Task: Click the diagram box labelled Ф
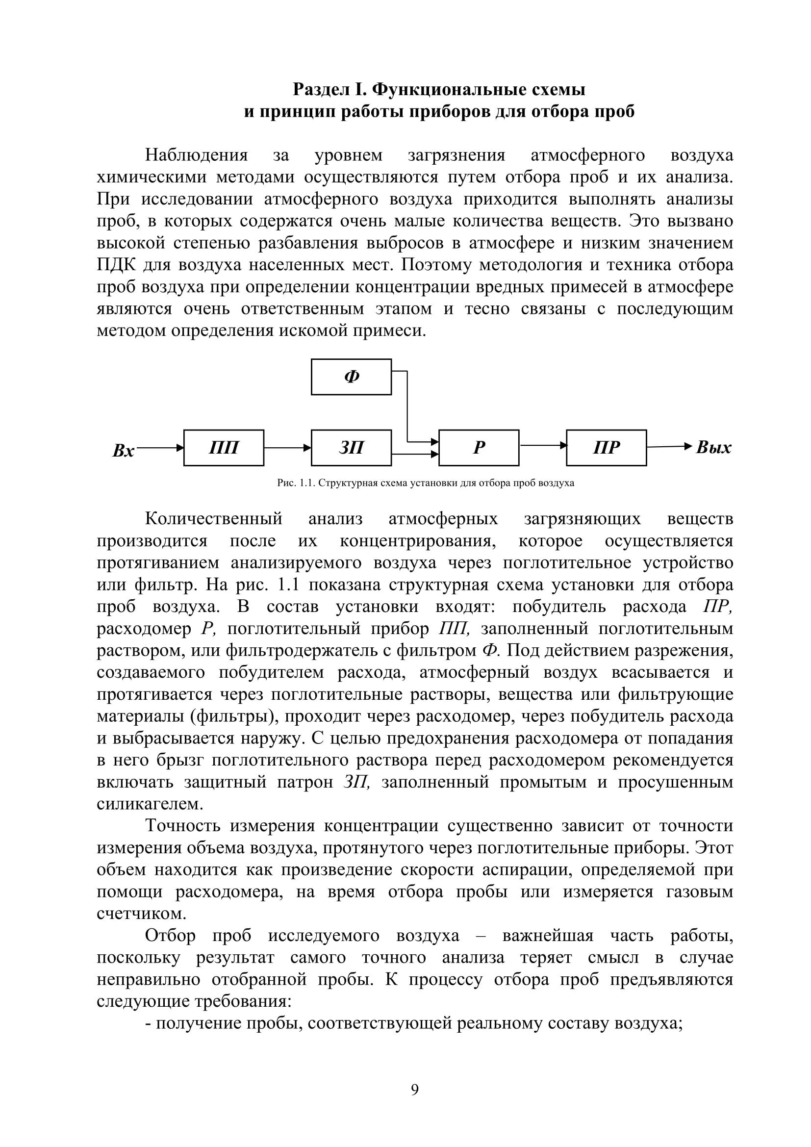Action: click(351, 377)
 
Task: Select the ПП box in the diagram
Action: click(224, 448)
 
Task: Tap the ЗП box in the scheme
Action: click(351, 448)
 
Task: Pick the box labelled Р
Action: click(479, 448)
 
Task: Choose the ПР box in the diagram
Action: click(606, 448)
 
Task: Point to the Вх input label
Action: click(124, 451)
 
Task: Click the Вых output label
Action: click(713, 447)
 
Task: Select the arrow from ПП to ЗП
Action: click(287, 448)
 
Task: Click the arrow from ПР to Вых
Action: click(669, 446)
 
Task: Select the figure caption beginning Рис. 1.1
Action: click(426, 483)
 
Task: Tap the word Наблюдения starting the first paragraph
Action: click(196, 155)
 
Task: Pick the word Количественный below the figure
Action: click(214, 519)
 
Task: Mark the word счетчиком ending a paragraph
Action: click(141, 914)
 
